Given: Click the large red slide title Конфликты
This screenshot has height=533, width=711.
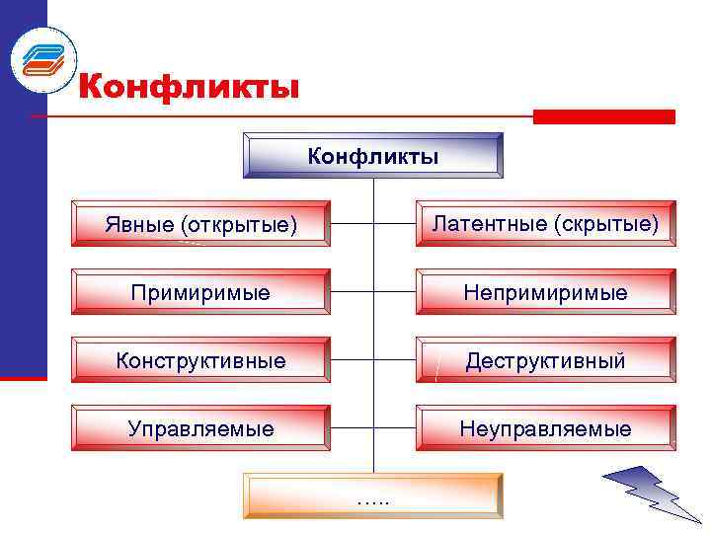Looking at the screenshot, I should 188,87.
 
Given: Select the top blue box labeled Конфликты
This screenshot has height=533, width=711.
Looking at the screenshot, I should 373,156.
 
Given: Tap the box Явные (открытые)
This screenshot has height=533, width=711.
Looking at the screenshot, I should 201,224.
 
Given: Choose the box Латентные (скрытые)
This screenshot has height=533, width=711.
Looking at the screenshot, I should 546,224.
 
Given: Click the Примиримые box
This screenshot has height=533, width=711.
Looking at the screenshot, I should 201,292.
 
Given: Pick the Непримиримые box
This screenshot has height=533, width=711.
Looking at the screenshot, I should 546,292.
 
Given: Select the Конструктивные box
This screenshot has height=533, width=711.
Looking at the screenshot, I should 201,360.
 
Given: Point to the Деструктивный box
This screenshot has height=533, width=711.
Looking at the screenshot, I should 546,360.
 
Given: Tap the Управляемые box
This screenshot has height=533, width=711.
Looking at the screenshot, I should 201,428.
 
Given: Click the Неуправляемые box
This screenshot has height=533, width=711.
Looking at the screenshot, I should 546,428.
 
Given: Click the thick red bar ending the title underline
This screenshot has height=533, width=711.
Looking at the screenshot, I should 603,116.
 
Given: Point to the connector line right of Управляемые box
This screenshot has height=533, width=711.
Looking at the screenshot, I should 352,428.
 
